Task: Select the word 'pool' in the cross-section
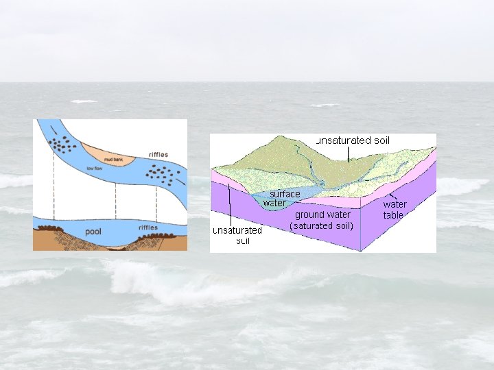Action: point(93,232)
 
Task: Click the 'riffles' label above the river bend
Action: point(158,155)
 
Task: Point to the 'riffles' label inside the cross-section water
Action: point(148,227)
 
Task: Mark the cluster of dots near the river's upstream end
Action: point(66,145)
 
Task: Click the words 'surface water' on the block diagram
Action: point(279,198)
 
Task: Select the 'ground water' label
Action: point(322,214)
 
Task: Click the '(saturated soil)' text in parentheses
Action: point(322,225)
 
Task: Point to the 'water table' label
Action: point(394,210)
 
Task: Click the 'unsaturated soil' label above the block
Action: point(353,140)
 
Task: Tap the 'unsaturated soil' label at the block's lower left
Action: point(237,235)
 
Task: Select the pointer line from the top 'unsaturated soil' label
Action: point(348,153)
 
